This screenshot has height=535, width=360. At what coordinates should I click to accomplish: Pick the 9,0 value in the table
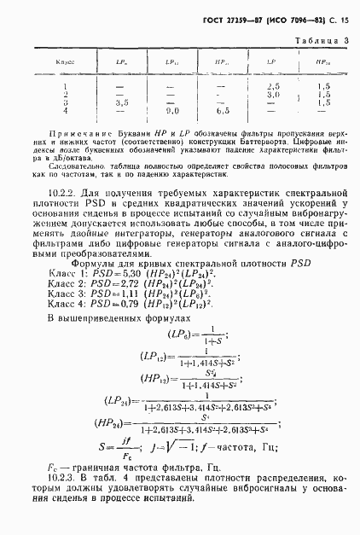[x=171, y=110]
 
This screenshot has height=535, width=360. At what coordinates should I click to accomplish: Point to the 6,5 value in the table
[x=223, y=110]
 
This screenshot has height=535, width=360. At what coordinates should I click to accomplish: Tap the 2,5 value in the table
[x=273, y=86]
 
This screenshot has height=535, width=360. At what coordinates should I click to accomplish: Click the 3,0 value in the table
[x=273, y=94]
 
